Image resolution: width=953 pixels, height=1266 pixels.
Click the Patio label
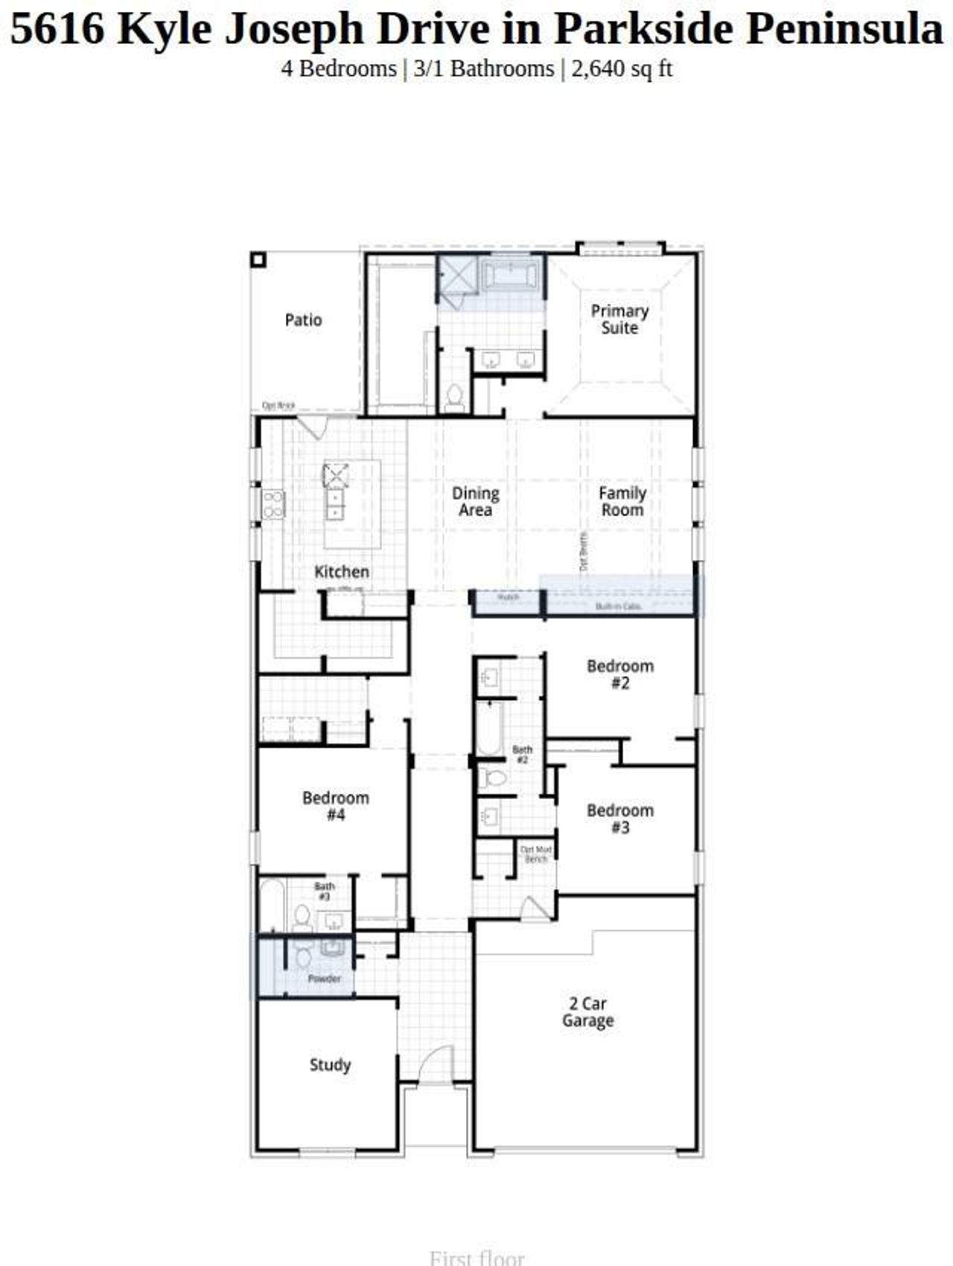coord(303,320)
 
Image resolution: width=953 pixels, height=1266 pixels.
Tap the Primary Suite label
coord(619,319)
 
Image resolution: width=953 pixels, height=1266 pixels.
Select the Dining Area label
coord(475,501)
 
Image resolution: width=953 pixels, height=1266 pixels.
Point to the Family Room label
coord(622,501)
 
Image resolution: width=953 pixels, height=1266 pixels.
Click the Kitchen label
coord(342,572)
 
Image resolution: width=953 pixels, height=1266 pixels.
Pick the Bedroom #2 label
coord(620,674)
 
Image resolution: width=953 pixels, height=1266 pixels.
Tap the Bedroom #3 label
coord(620,818)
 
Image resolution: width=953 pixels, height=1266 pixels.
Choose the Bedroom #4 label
coord(336,806)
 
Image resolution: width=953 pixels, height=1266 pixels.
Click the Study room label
coord(330,1065)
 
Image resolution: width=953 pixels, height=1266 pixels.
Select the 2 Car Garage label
coord(587,1012)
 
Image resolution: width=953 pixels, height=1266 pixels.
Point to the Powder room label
coord(324,979)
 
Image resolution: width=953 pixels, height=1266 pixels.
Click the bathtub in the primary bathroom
coord(510,276)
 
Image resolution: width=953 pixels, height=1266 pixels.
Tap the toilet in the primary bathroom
coord(454,398)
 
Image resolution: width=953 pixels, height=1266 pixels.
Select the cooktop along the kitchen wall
coord(273,504)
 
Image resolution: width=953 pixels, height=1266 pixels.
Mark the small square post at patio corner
coord(258,260)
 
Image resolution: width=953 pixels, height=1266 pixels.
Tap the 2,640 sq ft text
coord(622,69)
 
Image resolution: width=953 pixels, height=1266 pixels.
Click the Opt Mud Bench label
coord(536,854)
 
